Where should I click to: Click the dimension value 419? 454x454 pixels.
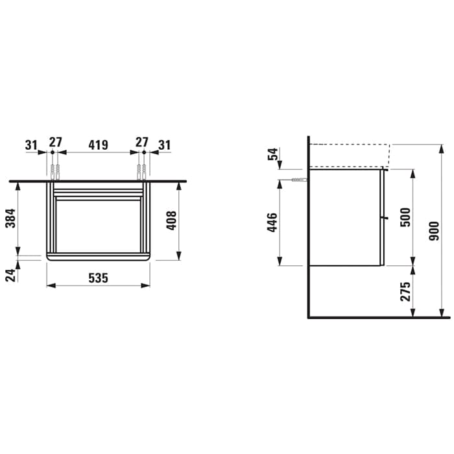99,145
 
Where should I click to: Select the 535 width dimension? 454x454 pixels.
99,278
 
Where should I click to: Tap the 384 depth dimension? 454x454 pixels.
10,218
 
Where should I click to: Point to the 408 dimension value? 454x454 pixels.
171,221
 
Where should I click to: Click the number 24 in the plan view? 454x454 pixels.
10,275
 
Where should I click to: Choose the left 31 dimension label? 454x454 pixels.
31,145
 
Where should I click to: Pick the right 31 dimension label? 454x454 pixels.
165,145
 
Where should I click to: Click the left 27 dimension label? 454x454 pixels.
55,142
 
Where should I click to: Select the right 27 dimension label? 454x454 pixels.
142,142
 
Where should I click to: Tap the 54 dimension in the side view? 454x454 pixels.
273,154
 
